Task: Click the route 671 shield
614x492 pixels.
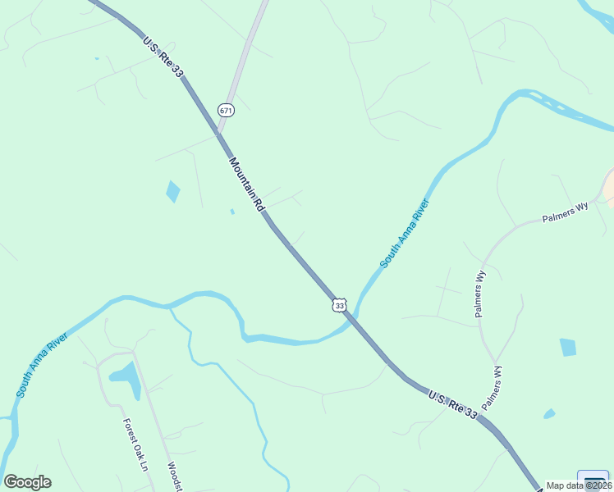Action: [x=227, y=110]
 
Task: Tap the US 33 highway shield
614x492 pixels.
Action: [x=340, y=305]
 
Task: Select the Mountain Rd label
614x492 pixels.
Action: [x=246, y=185]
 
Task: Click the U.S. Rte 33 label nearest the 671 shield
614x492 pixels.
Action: [x=163, y=57]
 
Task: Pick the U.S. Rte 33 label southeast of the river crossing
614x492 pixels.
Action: [x=452, y=405]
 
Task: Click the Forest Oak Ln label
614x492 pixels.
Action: [x=135, y=445]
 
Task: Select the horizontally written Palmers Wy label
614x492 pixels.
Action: [x=566, y=213]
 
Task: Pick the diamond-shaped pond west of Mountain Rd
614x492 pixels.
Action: [x=172, y=191]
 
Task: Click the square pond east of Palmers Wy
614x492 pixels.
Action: [x=568, y=347]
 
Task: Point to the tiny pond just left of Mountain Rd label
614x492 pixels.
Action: [x=232, y=212]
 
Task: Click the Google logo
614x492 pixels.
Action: [x=27, y=482]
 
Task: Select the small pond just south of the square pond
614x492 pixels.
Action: [x=549, y=414]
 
